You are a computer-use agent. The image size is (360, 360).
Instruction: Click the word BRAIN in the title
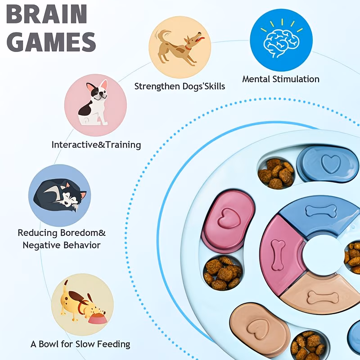[x=47, y=14]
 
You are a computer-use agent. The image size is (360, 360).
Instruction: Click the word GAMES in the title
[x=51, y=42]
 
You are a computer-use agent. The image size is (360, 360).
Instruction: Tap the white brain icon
[x=281, y=42]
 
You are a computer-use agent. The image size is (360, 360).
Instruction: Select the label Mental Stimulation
[x=280, y=79]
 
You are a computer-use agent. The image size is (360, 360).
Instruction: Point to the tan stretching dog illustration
[x=180, y=47]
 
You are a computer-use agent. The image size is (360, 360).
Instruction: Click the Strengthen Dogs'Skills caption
[x=180, y=86]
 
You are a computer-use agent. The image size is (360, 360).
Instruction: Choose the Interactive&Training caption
[x=96, y=145]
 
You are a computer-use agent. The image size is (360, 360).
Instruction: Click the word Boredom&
[x=83, y=233]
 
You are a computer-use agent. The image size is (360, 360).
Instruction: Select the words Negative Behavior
[x=62, y=245]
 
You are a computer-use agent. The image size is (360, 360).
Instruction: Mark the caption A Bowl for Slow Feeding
[x=81, y=344]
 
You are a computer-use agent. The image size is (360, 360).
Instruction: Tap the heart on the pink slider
[x=229, y=218]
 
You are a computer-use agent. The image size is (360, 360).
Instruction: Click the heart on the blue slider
[x=331, y=163]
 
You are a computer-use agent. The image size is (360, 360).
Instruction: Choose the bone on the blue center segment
[x=321, y=211]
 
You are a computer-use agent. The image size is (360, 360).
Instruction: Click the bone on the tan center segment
[x=323, y=297]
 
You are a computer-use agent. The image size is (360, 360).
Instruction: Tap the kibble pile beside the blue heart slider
[x=276, y=173]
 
